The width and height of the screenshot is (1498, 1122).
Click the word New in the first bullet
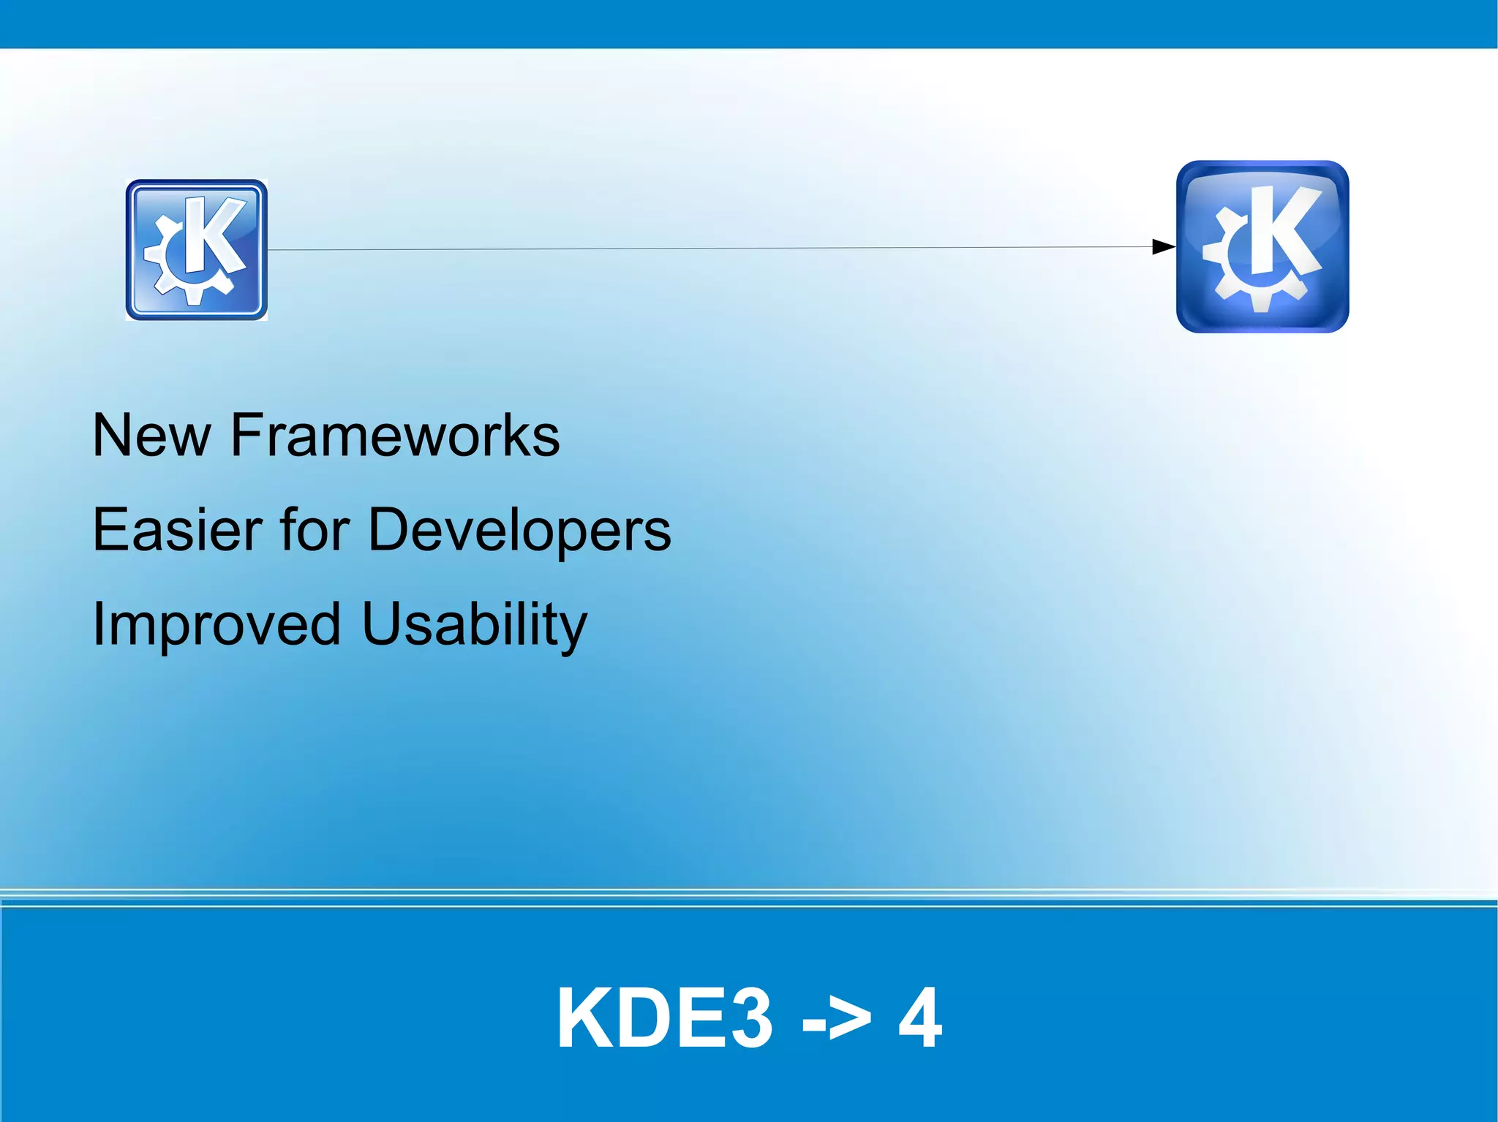(x=151, y=436)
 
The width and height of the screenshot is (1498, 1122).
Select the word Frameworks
(x=395, y=436)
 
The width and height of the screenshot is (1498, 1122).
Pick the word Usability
(x=475, y=624)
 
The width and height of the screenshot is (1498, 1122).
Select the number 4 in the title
(x=920, y=1018)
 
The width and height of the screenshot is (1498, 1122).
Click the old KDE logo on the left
(x=196, y=250)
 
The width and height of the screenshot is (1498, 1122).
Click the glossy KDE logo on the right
(x=1262, y=247)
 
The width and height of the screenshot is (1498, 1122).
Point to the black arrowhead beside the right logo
(x=1163, y=247)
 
